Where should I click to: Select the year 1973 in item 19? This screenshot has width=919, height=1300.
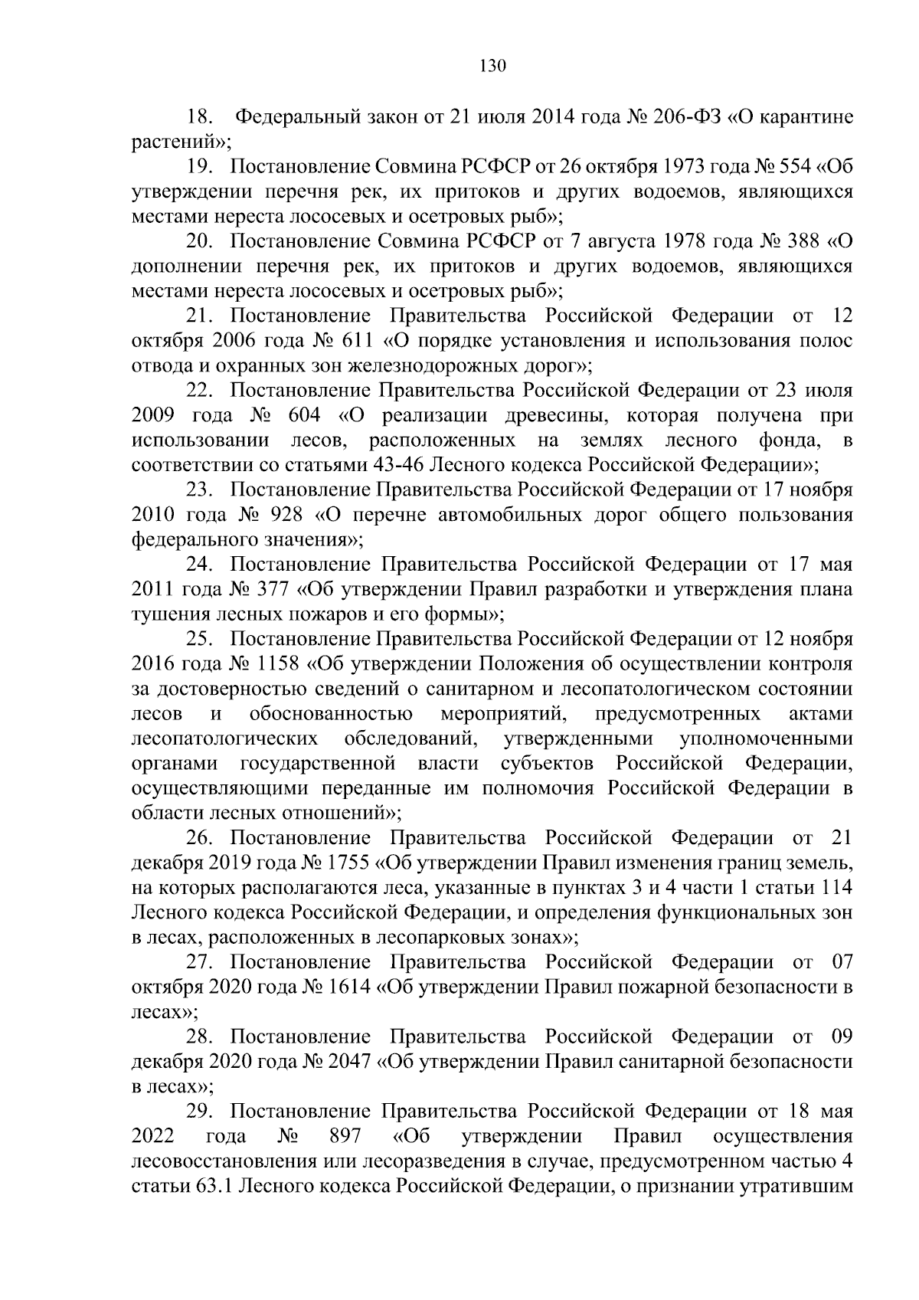(689, 166)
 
